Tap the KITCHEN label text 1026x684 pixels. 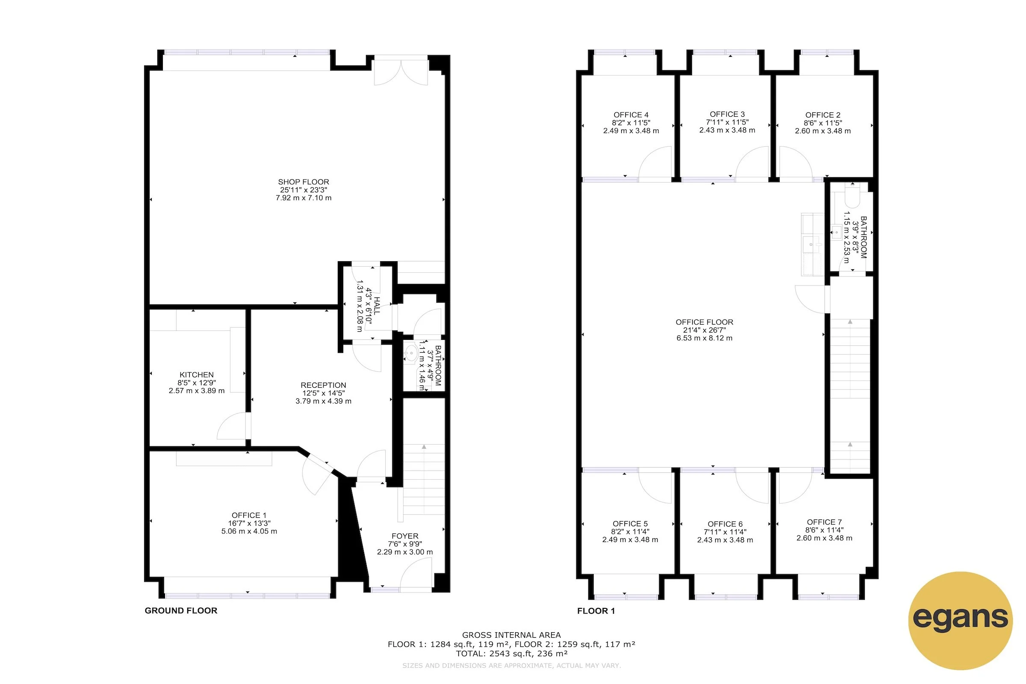(x=197, y=375)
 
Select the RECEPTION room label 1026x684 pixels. (x=323, y=385)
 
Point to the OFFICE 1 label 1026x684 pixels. (x=249, y=515)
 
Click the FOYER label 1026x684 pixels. (x=405, y=536)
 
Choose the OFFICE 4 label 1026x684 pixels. (x=631, y=115)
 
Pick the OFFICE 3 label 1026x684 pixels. (x=727, y=114)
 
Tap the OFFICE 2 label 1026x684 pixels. (x=823, y=115)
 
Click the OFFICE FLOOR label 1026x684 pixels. (x=705, y=322)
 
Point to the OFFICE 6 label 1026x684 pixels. (x=725, y=525)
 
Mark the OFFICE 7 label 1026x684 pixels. (x=824, y=522)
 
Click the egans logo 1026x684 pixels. (x=960, y=620)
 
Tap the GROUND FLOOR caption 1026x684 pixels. (x=181, y=611)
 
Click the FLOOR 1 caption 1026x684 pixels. (x=596, y=611)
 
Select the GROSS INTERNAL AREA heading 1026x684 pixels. (x=511, y=635)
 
